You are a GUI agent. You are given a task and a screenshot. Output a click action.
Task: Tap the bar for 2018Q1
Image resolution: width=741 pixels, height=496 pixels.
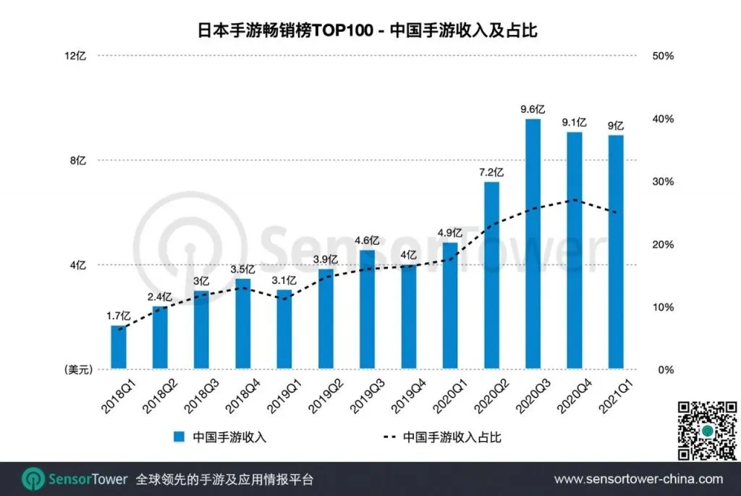click(x=119, y=348)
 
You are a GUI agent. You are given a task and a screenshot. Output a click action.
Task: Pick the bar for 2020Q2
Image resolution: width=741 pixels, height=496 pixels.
click(x=491, y=275)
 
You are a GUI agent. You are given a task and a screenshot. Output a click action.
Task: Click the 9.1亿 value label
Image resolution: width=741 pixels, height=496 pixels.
click(x=574, y=122)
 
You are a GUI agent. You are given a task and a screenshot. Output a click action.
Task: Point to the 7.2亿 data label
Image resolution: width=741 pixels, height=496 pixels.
click(x=491, y=172)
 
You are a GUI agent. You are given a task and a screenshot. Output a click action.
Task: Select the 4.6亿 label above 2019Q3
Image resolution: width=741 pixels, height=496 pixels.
click(x=367, y=240)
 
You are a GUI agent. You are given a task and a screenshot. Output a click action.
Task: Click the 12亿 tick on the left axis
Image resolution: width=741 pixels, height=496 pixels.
click(x=76, y=56)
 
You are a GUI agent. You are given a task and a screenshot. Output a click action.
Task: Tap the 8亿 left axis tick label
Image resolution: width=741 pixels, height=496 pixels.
click(x=77, y=161)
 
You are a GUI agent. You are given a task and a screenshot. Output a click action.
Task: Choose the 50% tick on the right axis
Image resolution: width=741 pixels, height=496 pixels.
click(x=663, y=56)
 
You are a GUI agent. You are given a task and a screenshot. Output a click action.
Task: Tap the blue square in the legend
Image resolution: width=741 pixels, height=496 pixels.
click(x=178, y=437)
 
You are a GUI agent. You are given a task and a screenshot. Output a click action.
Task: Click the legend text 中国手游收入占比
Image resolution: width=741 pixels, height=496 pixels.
click(x=452, y=437)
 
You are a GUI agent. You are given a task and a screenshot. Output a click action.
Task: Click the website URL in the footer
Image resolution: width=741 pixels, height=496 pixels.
click(x=638, y=479)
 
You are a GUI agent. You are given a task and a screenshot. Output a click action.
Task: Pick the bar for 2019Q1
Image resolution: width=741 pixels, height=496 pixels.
click(x=284, y=329)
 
